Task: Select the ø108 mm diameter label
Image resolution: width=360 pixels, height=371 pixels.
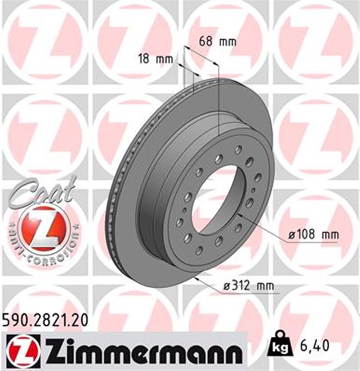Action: coord(314,235)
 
